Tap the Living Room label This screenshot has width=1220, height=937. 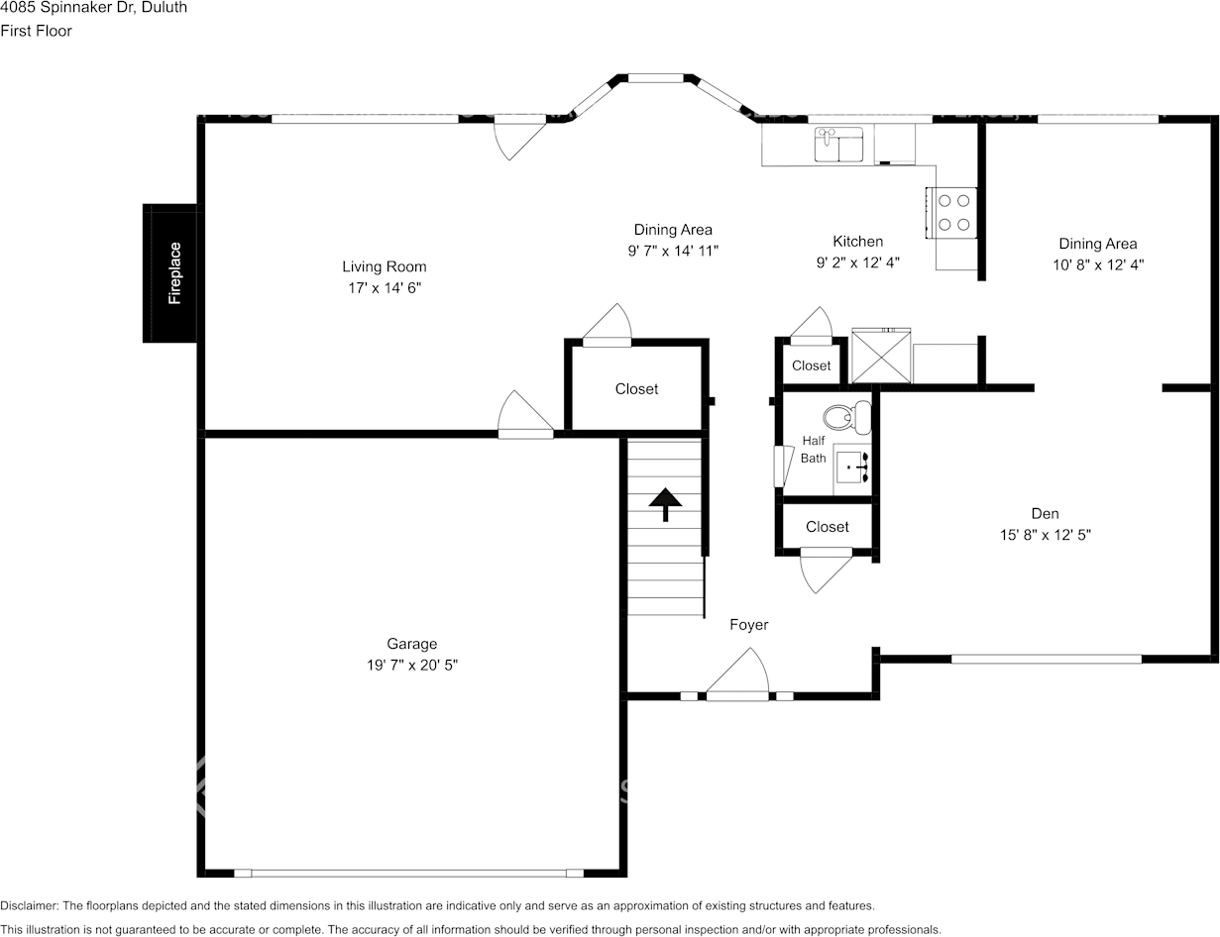(385, 266)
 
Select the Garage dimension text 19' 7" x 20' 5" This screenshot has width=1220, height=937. (411, 666)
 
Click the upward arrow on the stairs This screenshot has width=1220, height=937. (665, 504)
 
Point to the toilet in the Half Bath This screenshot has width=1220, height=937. (841, 417)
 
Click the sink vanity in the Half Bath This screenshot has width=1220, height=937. (851, 466)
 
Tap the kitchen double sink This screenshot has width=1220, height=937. (839, 146)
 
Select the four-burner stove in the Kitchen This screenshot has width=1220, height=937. (952, 213)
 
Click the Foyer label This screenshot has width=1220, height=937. (748, 624)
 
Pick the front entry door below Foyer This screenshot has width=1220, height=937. (738, 683)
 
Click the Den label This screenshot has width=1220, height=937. (1045, 513)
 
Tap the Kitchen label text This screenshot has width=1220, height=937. (857, 241)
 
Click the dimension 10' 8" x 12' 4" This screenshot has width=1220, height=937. (1098, 264)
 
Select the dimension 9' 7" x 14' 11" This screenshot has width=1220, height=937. (673, 252)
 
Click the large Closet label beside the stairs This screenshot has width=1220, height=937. (636, 389)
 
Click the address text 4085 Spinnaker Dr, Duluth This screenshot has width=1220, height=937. (93, 8)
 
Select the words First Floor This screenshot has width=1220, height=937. (36, 31)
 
